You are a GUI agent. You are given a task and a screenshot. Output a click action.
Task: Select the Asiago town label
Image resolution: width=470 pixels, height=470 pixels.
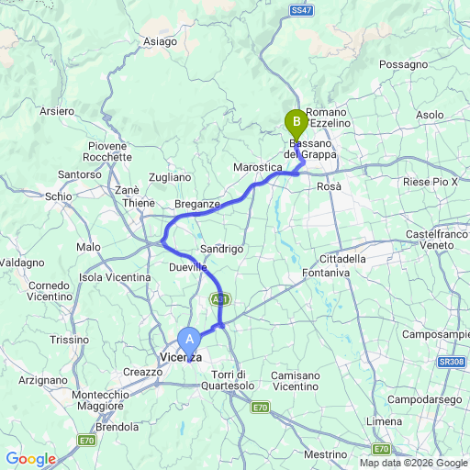pyautogui.click(x=160, y=41)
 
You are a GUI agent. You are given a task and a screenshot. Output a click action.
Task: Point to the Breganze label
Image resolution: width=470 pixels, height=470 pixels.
pyautogui.click(x=196, y=204)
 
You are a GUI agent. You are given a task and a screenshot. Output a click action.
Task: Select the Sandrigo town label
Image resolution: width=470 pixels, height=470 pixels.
pyautogui.click(x=221, y=249)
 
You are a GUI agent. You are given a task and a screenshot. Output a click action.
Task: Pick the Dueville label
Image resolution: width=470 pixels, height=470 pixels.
pyautogui.click(x=187, y=266)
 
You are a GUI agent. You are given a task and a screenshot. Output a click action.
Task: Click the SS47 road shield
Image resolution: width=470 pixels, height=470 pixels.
pyautogui.click(x=302, y=8)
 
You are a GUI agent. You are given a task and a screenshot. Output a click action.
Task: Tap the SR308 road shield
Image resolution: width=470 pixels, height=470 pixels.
pyautogui.click(x=451, y=363)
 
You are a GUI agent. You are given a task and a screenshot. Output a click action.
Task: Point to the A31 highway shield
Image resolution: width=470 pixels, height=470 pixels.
pyautogui.click(x=219, y=299)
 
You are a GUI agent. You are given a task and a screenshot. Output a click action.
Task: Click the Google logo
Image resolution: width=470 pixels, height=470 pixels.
pyautogui.click(x=30, y=459)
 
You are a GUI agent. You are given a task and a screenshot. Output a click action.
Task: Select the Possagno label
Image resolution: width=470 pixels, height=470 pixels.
pyautogui.click(x=404, y=65)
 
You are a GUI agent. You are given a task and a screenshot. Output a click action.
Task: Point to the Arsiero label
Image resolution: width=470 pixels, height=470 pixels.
pyautogui.click(x=57, y=111)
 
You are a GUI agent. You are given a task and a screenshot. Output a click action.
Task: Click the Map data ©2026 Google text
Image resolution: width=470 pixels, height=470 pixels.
pyautogui.click(x=413, y=462)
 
